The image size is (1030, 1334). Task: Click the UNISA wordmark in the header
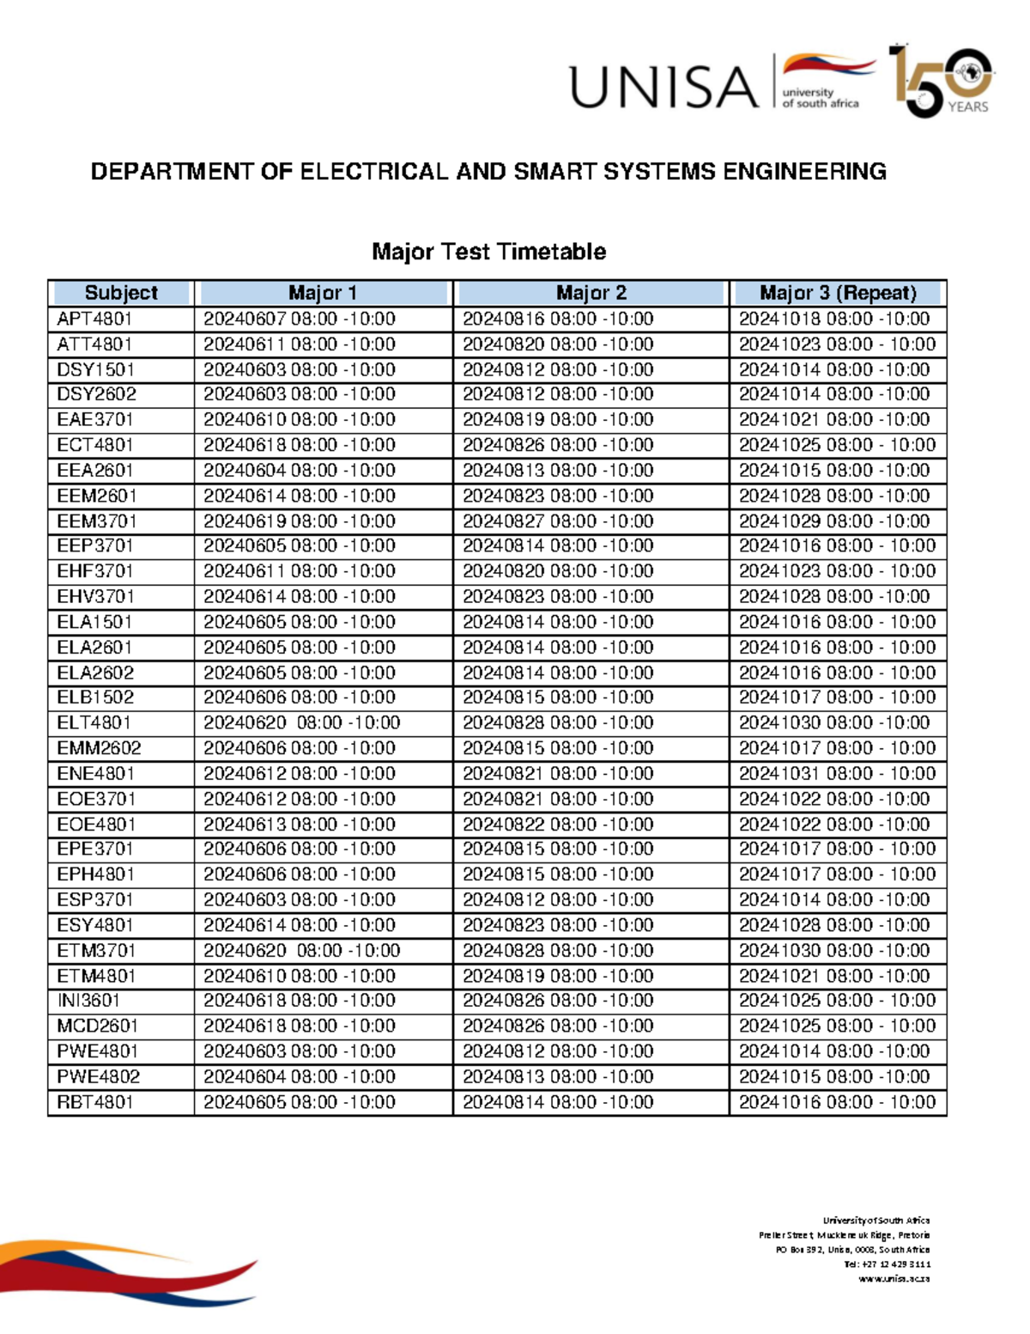click(x=664, y=88)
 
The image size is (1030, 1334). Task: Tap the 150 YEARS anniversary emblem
click(x=941, y=82)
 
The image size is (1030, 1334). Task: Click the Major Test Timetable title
click(x=488, y=252)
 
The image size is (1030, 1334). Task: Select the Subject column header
click(x=121, y=293)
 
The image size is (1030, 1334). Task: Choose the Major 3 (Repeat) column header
click(x=838, y=293)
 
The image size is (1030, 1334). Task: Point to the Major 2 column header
click(x=591, y=293)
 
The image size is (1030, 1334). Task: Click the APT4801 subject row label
click(x=94, y=319)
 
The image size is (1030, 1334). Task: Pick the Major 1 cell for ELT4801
click(x=301, y=722)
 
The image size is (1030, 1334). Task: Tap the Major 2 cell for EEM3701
click(x=558, y=521)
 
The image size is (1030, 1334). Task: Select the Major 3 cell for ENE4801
click(x=837, y=773)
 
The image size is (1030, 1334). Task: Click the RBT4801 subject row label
click(x=95, y=1102)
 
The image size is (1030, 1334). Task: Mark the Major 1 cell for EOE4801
click(x=299, y=824)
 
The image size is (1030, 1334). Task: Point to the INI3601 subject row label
click(x=88, y=1001)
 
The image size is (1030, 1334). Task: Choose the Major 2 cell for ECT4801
click(x=558, y=445)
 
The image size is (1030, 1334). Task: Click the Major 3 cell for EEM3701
click(x=834, y=521)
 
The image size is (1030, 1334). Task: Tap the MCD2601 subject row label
click(x=97, y=1026)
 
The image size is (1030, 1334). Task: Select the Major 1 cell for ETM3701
click(x=301, y=950)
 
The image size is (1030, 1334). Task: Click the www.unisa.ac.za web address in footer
click(x=894, y=1279)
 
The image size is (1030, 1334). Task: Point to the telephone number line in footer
click(x=888, y=1264)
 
